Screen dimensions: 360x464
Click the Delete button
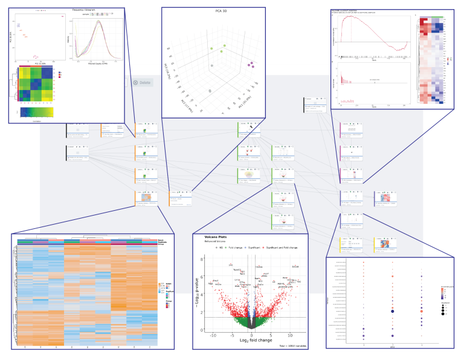(x=143, y=83)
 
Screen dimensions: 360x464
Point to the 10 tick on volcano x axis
(x=290, y=334)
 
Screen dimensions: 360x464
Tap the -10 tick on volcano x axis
(x=212, y=334)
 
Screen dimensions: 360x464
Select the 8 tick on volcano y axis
(x=201, y=276)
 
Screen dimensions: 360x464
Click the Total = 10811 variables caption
(x=291, y=344)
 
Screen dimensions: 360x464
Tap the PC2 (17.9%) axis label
(x=185, y=100)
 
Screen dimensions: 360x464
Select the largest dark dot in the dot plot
(x=393, y=312)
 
